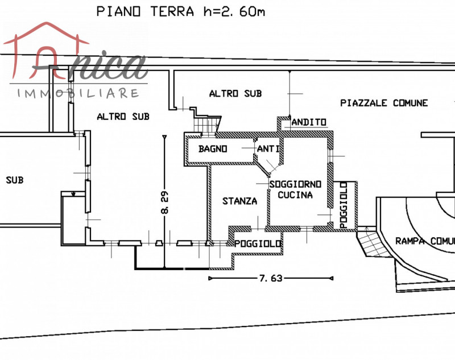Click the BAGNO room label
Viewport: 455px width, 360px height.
point(213,149)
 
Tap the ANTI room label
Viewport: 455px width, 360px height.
point(268,149)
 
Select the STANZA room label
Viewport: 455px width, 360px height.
point(239,201)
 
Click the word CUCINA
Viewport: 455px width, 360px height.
point(295,195)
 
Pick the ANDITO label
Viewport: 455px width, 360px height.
point(309,122)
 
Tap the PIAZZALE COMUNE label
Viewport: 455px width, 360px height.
point(384,103)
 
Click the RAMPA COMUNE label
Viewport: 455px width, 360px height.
point(425,241)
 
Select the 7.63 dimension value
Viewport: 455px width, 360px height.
point(271,279)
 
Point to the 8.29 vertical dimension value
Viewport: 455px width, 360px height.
point(164,202)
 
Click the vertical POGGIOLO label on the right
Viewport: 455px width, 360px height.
point(344,205)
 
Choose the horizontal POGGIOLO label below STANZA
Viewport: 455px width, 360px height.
point(258,243)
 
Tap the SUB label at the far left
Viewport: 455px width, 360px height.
point(15,180)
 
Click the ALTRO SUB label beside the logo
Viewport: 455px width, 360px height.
point(123,117)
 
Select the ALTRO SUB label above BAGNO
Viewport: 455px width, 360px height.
point(235,93)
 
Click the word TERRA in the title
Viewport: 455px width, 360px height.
point(172,11)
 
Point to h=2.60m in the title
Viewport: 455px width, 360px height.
point(234,11)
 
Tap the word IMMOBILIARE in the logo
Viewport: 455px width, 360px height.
point(78,93)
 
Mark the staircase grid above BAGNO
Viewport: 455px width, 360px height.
point(206,126)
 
